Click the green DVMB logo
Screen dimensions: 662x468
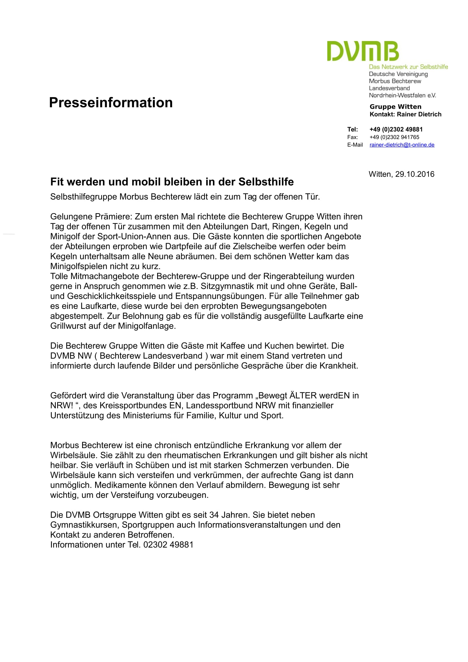[x=363, y=51]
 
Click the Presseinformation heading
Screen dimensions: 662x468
[x=111, y=103]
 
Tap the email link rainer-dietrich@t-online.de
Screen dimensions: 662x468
[x=402, y=145]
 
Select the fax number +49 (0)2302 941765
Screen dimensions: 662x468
[x=394, y=137]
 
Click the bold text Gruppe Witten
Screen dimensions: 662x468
[x=395, y=107]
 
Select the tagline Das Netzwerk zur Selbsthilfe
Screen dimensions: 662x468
[x=408, y=67]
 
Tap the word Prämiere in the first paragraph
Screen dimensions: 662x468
[x=113, y=217]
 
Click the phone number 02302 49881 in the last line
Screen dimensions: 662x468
[x=168, y=545]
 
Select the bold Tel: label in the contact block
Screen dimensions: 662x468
[x=352, y=129]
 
